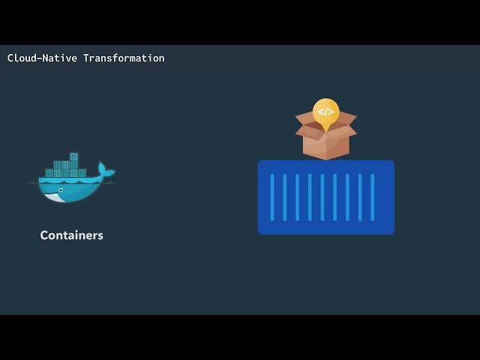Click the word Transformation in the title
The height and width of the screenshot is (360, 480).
click(124, 58)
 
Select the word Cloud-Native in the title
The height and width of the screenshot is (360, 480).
click(42, 58)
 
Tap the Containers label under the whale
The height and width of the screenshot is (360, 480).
click(72, 235)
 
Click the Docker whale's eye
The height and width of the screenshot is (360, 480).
click(61, 190)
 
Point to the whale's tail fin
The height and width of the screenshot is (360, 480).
click(105, 170)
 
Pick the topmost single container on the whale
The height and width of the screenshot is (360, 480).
click(74, 157)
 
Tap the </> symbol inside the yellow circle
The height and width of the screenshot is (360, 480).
click(326, 112)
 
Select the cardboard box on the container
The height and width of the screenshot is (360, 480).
click(326, 135)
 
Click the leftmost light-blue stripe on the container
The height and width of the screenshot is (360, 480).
click(272, 197)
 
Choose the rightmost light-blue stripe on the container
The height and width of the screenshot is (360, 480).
click(373, 197)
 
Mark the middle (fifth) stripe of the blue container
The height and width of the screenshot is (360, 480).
click(322, 197)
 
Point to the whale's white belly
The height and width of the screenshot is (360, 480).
click(55, 197)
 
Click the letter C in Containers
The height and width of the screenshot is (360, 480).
click(44, 235)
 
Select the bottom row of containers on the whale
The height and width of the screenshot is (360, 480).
click(66, 173)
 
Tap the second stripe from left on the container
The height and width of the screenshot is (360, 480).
click(285, 197)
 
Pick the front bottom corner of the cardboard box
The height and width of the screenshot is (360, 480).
click(326, 160)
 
